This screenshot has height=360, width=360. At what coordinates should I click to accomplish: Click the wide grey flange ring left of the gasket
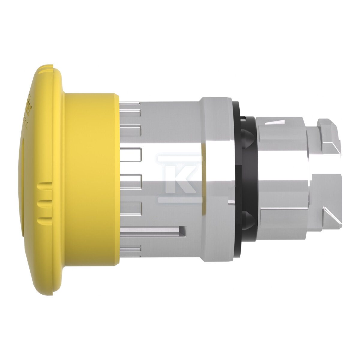216,180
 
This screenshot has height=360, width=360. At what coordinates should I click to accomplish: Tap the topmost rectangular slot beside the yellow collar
130,104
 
